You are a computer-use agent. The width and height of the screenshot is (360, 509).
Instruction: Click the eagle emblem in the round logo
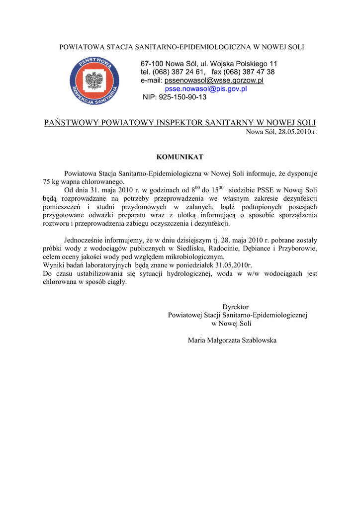point(94,80)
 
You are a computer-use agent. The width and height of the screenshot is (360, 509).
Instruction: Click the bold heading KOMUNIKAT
point(180,157)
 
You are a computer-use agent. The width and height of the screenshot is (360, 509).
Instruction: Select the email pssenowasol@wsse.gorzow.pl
point(214,81)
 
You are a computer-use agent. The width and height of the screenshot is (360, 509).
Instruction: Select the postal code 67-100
point(152,64)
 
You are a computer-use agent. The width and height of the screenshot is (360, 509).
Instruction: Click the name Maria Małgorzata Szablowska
point(232,340)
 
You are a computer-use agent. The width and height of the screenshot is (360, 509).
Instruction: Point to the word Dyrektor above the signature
point(235,307)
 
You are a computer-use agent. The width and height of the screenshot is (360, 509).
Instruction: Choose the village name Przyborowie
point(298,248)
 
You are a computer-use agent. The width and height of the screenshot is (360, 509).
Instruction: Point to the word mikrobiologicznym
point(194,256)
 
